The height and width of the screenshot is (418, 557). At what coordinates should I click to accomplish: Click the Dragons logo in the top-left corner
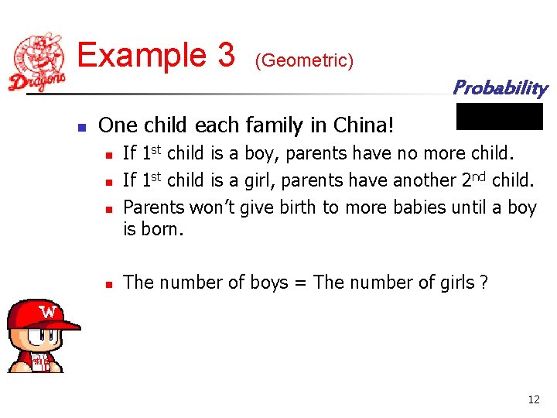[38, 62]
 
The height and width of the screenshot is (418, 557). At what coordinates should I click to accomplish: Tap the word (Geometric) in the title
[304, 60]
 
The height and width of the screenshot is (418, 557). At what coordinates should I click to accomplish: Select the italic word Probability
[500, 87]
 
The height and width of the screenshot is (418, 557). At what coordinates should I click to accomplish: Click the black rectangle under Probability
[500, 116]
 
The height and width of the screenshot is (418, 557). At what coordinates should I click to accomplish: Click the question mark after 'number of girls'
[484, 283]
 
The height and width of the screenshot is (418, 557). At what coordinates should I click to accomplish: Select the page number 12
[533, 399]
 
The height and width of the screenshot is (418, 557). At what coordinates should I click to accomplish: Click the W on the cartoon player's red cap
[49, 313]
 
